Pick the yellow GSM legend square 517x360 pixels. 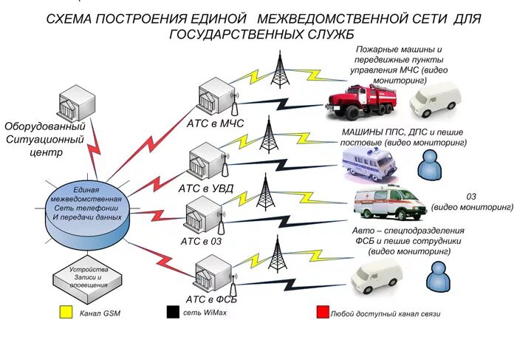66,313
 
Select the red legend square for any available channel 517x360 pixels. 322,313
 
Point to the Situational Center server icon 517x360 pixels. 77,102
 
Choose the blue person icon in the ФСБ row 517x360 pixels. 438,277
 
